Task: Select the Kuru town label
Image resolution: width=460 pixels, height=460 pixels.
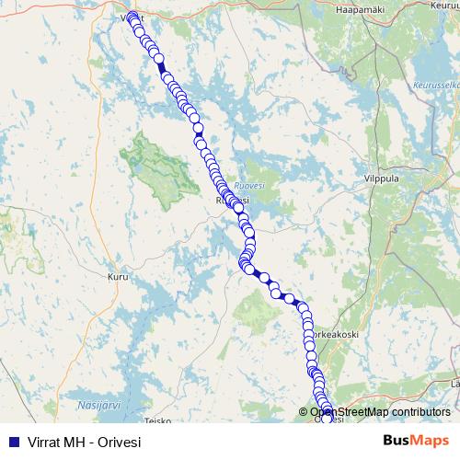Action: [117, 274]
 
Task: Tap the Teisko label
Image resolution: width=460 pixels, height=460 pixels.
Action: [158, 421]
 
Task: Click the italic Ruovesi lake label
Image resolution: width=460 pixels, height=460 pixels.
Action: [248, 183]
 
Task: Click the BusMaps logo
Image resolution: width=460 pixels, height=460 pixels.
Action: [417, 442]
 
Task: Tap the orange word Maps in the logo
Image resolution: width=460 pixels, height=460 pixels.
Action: [432, 442]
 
